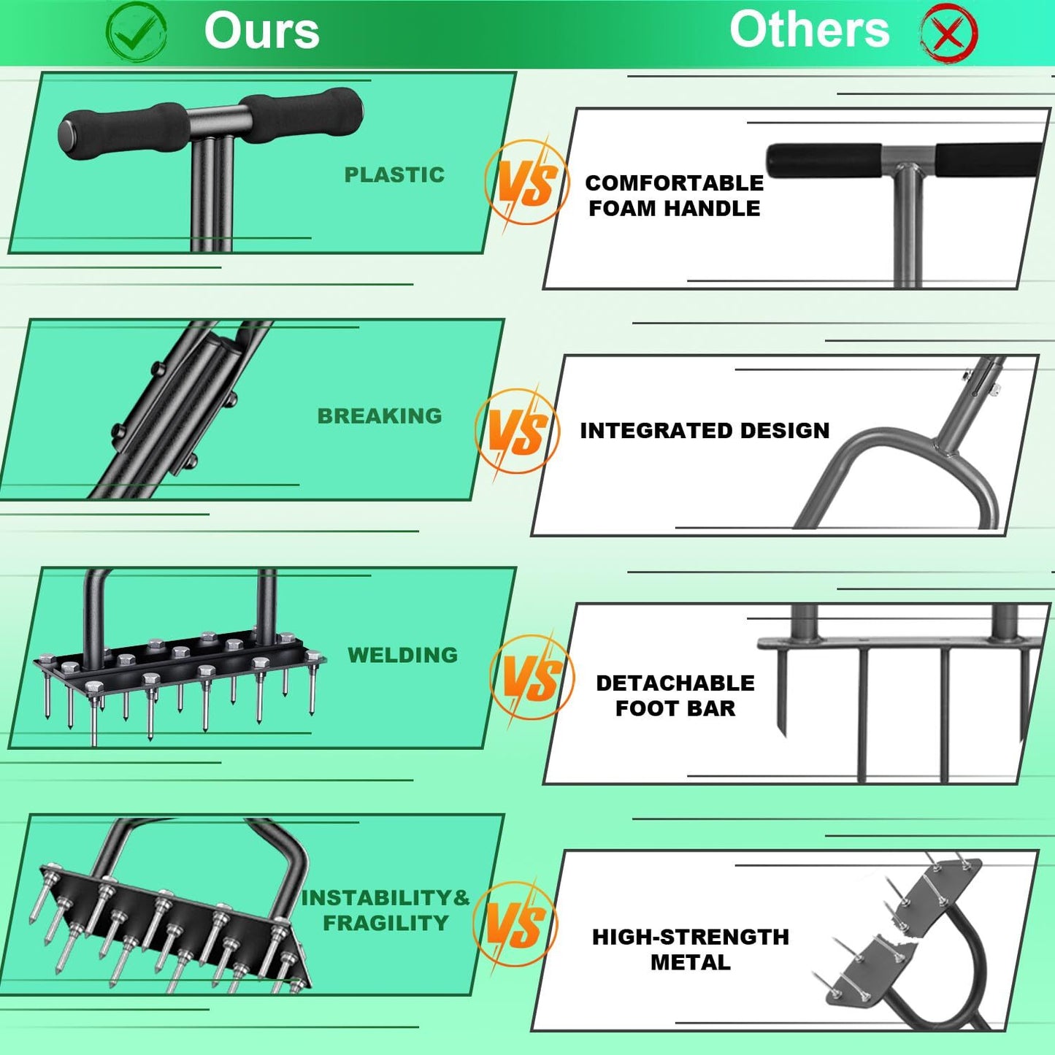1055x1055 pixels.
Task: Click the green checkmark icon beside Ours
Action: pyautogui.click(x=136, y=32)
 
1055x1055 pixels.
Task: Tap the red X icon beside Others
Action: pyautogui.click(x=948, y=34)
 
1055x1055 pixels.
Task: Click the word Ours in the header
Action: pyautogui.click(x=261, y=31)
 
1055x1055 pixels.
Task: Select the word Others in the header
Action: pyautogui.click(x=809, y=30)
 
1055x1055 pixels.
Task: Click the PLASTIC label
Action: pyautogui.click(x=394, y=175)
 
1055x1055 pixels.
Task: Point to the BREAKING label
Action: pyautogui.click(x=380, y=416)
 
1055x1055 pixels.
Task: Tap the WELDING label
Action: pyautogui.click(x=402, y=655)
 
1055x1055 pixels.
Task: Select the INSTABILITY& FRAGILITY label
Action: pyautogui.click(x=385, y=910)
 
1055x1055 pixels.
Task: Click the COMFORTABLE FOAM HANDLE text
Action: pyautogui.click(x=674, y=196)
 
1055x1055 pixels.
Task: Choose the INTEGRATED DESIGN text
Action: pyautogui.click(x=705, y=431)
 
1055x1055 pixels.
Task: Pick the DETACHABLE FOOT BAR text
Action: pyautogui.click(x=675, y=696)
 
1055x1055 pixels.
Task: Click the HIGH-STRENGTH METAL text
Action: pyautogui.click(x=690, y=949)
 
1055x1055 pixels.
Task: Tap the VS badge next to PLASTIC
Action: pyautogui.click(x=527, y=183)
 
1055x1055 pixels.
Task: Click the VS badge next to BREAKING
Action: pyautogui.click(x=517, y=431)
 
